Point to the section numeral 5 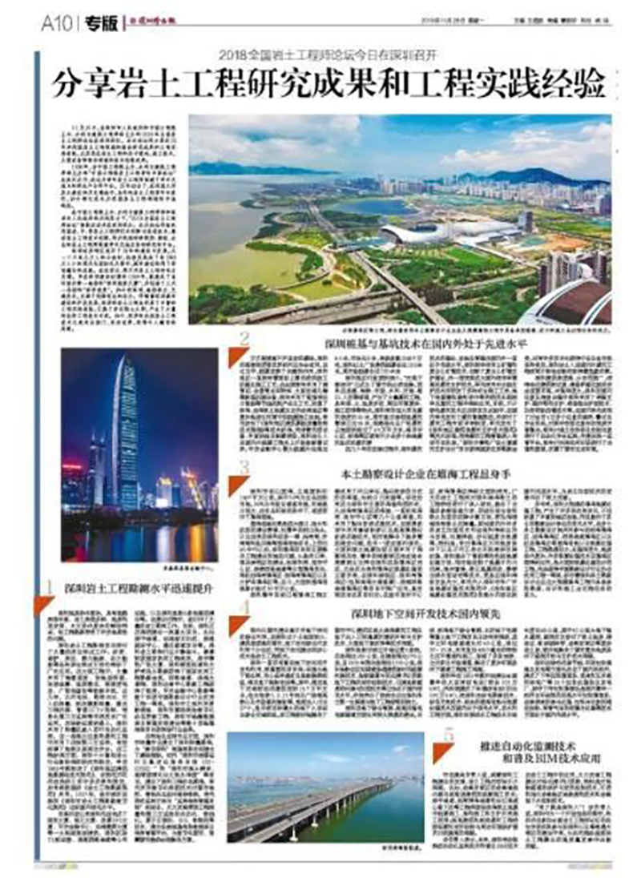tap(449, 735)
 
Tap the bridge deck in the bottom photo tap(320, 809)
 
